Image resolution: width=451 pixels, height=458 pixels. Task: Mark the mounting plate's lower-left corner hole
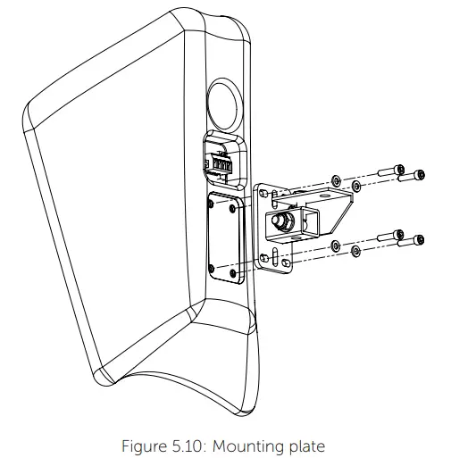click(263, 262)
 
